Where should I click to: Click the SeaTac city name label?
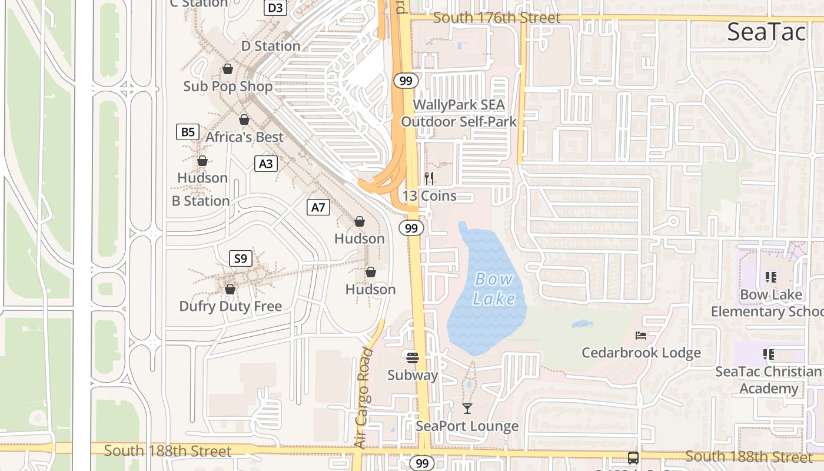[766, 32]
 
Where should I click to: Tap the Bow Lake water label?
[494, 289]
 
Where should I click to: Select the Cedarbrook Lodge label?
[641, 353]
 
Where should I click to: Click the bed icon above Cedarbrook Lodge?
[641, 336]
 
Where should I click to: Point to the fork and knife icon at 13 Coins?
[429, 178]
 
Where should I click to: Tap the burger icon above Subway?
[412, 357]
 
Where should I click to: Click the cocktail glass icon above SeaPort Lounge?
[467, 408]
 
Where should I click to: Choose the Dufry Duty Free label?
[230, 306]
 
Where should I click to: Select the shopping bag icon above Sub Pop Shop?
[228, 69]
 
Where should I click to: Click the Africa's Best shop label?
[244, 137]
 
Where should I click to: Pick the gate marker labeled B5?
[188, 132]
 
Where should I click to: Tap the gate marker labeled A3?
[265, 164]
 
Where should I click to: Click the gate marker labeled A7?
[318, 207]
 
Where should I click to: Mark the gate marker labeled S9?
[240, 258]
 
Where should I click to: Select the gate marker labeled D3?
[275, 8]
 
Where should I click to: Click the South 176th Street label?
[497, 18]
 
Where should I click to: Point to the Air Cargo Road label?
[365, 399]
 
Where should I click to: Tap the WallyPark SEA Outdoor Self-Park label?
[458, 114]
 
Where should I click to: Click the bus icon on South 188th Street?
[633, 457]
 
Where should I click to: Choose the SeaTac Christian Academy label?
[768, 380]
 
